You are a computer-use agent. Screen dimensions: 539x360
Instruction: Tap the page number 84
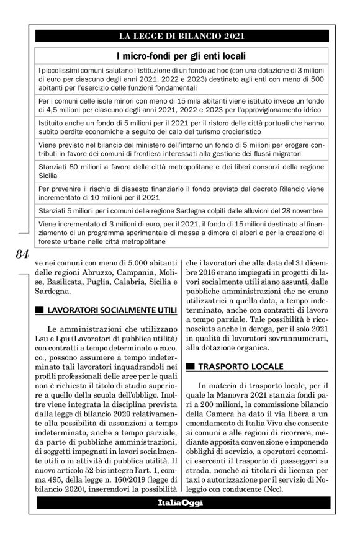[x=22, y=254]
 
